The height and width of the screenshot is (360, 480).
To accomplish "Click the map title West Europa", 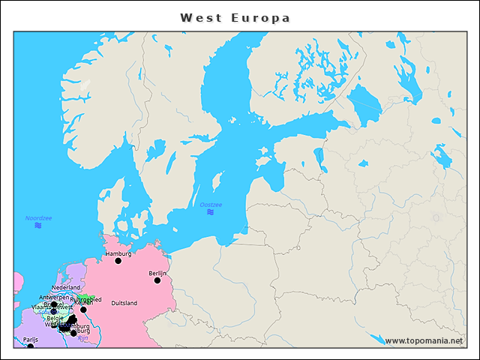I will [235, 17].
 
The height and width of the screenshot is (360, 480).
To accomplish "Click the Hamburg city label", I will [118, 253].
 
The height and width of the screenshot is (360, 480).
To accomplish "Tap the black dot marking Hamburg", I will [118, 261].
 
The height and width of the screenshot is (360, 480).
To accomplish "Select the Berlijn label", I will [157, 273].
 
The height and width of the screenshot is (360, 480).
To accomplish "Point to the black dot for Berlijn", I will [157, 280].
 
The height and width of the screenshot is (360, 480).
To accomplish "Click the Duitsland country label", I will [124, 303].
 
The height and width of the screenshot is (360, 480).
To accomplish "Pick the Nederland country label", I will [66, 288].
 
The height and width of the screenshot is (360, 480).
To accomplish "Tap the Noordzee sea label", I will [38, 217].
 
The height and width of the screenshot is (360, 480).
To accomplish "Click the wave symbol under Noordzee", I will [38, 225].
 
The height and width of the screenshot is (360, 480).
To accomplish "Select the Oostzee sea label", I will [211, 205].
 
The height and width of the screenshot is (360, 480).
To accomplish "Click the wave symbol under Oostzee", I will [211, 212].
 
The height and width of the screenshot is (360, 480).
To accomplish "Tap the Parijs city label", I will [30, 340].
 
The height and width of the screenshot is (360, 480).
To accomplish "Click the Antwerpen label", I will [53, 297].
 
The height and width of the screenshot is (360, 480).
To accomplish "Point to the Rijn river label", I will [82, 338].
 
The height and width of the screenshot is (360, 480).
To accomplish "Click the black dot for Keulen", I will [83, 309].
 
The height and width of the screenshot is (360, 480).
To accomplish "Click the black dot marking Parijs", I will [30, 346].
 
